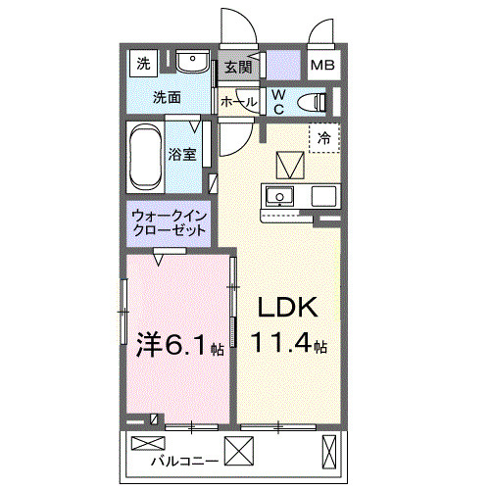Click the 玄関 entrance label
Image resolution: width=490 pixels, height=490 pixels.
coord(238,67)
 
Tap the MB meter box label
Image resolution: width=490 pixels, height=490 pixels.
coord(321,67)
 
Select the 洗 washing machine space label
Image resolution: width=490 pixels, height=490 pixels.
coord(144,66)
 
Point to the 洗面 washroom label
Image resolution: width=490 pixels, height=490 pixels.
coord(167,98)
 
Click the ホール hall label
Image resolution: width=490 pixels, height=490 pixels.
coord(239,101)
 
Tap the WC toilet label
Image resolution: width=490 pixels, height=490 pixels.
coord(277,101)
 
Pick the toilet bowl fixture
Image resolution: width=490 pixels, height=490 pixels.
coord(312,101)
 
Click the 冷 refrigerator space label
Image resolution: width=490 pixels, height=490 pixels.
coord(323,138)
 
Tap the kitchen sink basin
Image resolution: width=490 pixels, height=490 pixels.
coord(280,195)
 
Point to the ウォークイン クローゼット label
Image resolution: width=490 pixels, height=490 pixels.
coord(169,223)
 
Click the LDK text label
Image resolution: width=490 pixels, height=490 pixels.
coord(287,308)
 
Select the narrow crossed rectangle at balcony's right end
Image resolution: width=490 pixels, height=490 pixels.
coord(330,453)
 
